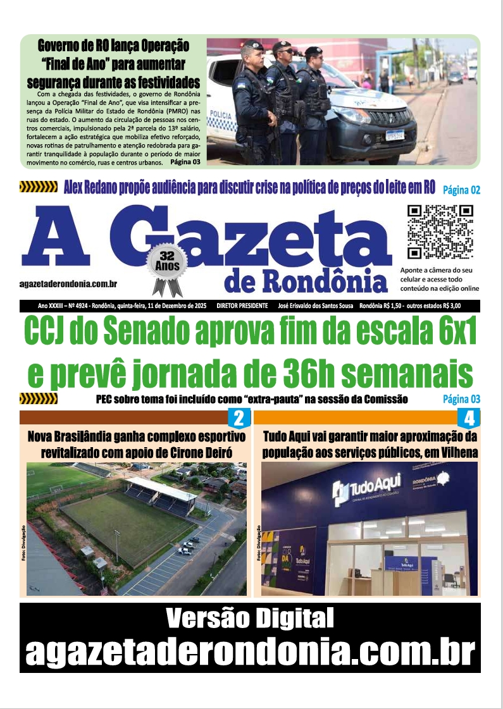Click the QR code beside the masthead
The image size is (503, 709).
440,232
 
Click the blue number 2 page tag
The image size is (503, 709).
239,418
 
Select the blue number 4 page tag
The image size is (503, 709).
469,418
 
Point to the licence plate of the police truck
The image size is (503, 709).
395,135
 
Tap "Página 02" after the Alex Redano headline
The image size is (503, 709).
461,189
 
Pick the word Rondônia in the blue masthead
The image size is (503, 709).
321,281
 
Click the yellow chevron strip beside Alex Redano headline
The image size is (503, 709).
39,187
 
